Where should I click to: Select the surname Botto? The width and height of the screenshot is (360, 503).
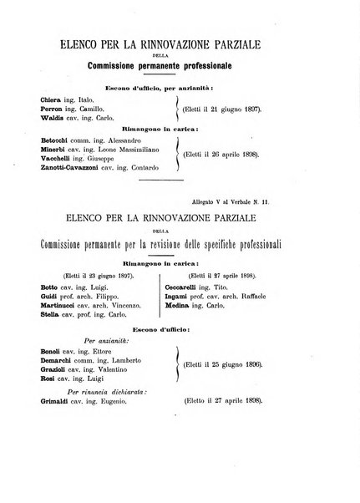pos(51,286)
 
